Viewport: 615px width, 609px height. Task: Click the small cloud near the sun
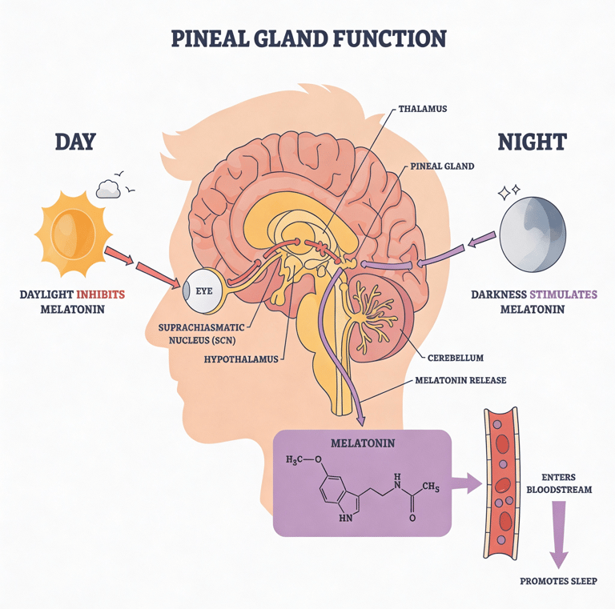pyautogui.click(x=108, y=189)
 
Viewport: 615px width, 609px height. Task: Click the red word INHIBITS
pyautogui.click(x=98, y=294)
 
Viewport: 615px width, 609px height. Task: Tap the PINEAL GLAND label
pyautogui.click(x=442, y=166)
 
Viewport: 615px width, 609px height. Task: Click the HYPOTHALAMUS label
pyautogui.click(x=239, y=359)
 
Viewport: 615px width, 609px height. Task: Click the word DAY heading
pyautogui.click(x=74, y=142)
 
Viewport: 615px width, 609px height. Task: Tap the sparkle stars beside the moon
pyautogui.click(x=508, y=192)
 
